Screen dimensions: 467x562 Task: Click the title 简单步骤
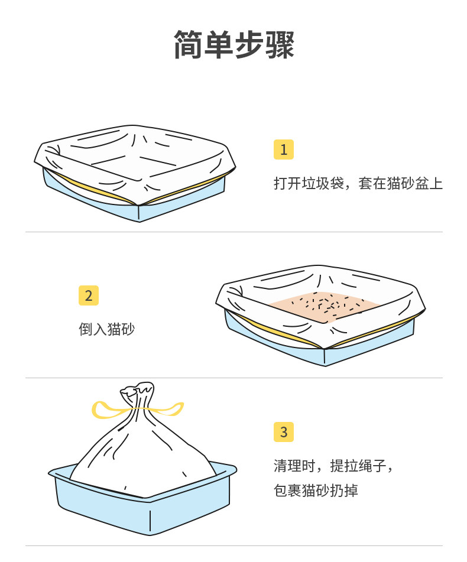(234, 45)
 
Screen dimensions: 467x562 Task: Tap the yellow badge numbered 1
(283, 150)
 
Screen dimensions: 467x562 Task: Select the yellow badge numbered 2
(88, 295)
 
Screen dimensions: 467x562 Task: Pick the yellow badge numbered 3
(283, 432)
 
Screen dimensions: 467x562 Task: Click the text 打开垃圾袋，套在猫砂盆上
(358, 183)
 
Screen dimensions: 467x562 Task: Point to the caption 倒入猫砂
(106, 329)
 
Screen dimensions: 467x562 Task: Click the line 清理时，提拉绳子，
(333, 465)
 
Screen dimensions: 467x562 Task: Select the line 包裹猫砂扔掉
(316, 490)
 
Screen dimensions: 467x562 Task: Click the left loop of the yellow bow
(106, 409)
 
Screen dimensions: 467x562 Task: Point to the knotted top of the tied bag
(137, 392)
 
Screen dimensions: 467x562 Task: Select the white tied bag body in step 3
(142, 461)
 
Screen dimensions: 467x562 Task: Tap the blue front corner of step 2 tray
(325, 356)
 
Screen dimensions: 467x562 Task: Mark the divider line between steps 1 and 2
(234, 232)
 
